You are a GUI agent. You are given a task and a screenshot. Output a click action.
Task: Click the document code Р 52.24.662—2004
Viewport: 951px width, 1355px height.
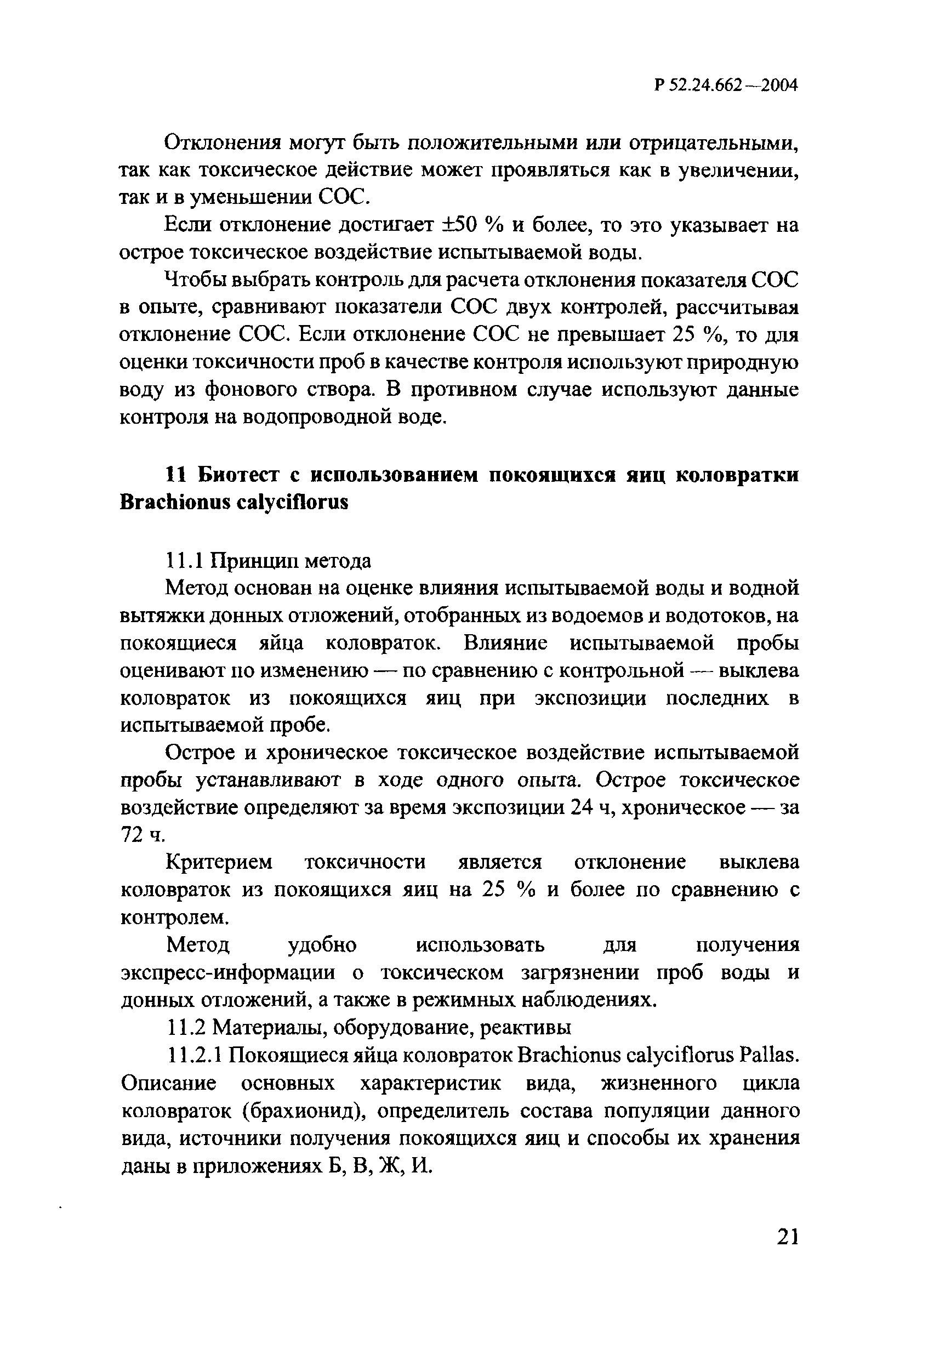(726, 86)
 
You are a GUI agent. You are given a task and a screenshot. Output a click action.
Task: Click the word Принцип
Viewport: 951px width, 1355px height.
(255, 561)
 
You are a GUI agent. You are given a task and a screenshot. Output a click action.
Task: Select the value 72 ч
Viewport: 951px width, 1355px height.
(143, 834)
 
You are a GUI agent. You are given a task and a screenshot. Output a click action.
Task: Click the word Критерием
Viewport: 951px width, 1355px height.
(219, 863)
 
